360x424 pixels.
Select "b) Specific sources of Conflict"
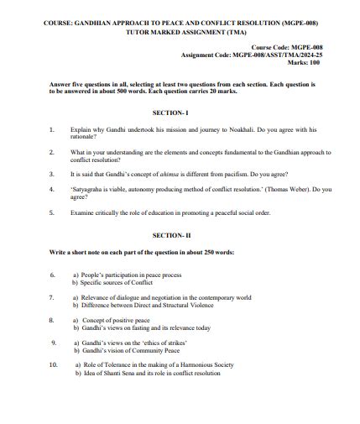click(x=113, y=282)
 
